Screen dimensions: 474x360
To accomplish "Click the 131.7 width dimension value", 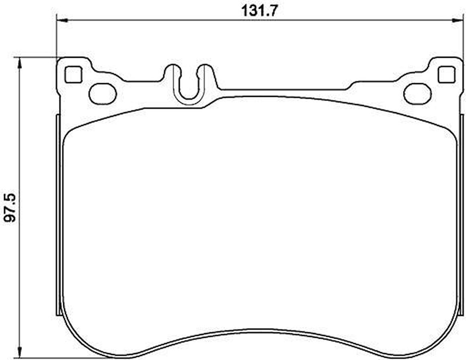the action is pyautogui.click(x=259, y=11).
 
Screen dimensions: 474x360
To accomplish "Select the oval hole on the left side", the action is pyautogui.click(x=103, y=94).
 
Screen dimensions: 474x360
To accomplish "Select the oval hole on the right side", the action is pyautogui.click(x=417, y=94).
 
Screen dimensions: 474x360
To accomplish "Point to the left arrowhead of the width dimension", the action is pyautogui.click(x=62, y=20).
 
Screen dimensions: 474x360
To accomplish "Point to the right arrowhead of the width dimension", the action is pyautogui.click(x=458, y=20).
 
